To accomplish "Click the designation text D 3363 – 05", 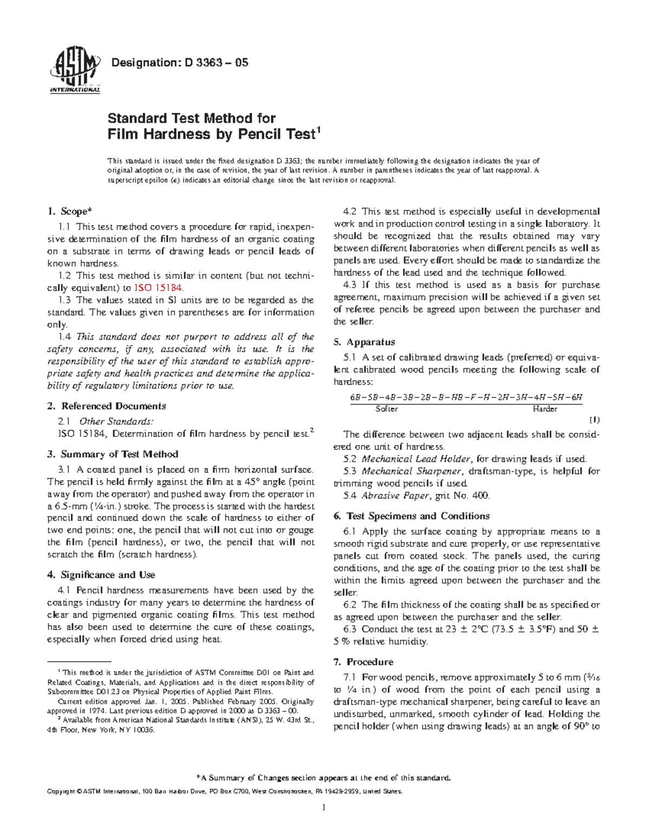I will click(179, 63).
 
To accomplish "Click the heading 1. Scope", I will click(67, 211).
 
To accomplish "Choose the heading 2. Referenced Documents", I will click(107, 406).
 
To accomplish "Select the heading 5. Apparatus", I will click(364, 342).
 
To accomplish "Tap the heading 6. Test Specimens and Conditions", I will click(411, 516).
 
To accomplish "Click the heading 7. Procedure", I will click(363, 662).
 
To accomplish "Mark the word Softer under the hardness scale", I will click(386, 409).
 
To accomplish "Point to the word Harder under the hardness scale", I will click(545, 409).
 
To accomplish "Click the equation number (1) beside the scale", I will click(594, 420).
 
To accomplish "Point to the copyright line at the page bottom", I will click(225, 791).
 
